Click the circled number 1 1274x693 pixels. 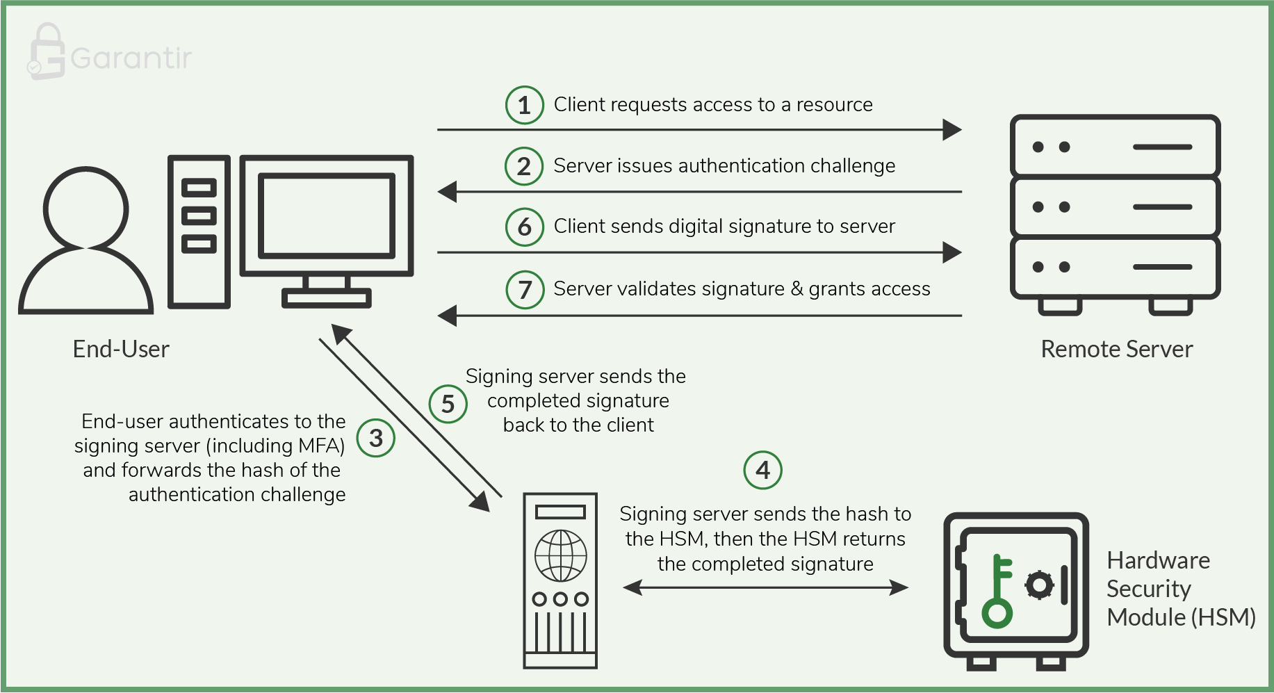(524, 105)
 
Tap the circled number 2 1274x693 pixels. (524, 166)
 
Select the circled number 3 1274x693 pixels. (376, 438)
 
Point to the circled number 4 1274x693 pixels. (762, 471)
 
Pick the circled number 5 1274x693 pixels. (448, 404)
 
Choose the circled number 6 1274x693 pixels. (524, 227)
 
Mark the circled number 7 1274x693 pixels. (525, 289)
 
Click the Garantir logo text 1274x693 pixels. (131, 58)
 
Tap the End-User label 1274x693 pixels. (121, 349)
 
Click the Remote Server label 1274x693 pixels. (1116, 349)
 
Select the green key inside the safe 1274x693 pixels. (998, 592)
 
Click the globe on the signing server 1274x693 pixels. (560, 555)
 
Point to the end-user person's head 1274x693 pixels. (86, 208)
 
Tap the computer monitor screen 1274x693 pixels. (326, 215)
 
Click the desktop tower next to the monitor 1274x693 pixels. (199, 231)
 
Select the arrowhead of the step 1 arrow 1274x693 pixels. (952, 129)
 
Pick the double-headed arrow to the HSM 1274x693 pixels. (765, 588)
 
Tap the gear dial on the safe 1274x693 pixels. (1040, 585)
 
